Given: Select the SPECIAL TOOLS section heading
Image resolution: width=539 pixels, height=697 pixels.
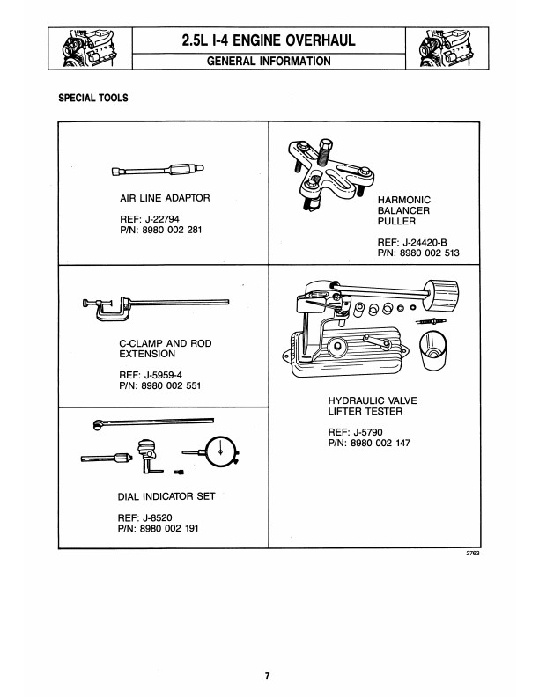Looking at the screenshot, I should (92, 98).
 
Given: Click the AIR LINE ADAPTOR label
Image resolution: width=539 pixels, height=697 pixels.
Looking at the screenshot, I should (165, 198).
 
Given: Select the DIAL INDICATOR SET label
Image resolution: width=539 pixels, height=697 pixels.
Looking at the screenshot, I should (166, 497).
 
